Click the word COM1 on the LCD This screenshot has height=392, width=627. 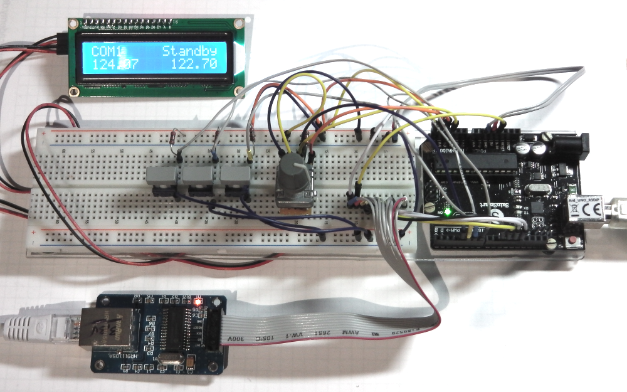[x=108, y=51]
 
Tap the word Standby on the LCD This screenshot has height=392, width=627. [x=189, y=51]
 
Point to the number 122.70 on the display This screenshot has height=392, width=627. [x=194, y=65]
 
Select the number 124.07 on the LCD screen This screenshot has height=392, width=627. [x=115, y=65]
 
